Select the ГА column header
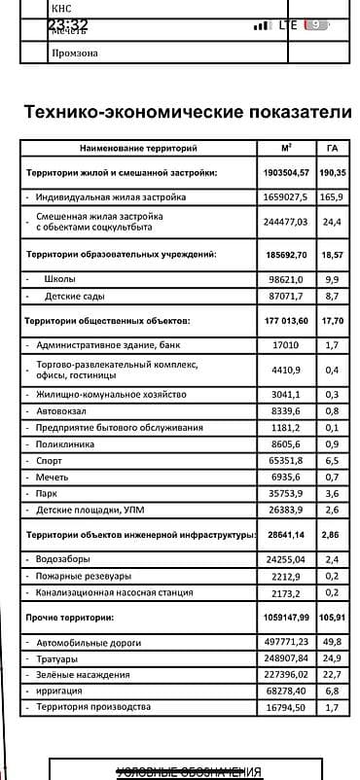(x=332, y=149)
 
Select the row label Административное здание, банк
(x=108, y=344)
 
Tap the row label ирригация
(x=60, y=691)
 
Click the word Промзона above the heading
(x=74, y=53)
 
